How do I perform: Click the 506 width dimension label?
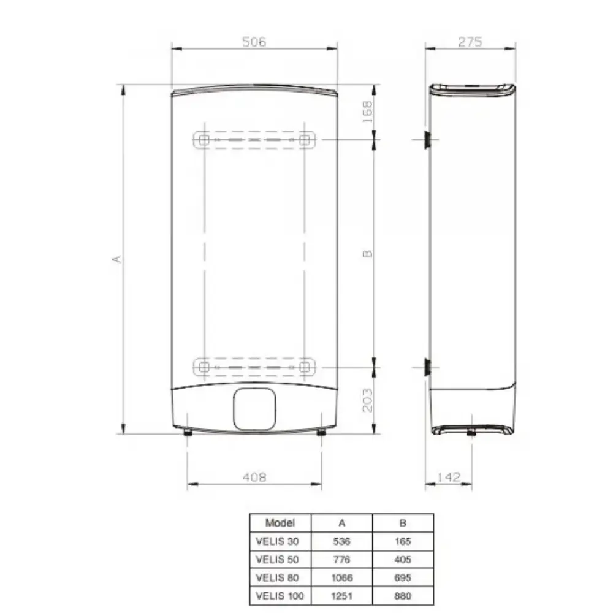254,42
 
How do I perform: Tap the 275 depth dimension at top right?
470,42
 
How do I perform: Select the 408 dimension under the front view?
254,477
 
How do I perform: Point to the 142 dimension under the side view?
449,477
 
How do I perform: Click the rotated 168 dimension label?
367,112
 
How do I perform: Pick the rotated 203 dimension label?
367,400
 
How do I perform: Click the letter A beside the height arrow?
117,259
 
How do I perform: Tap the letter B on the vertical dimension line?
367,254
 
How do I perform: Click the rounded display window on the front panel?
254,409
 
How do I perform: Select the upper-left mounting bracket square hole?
204,140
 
